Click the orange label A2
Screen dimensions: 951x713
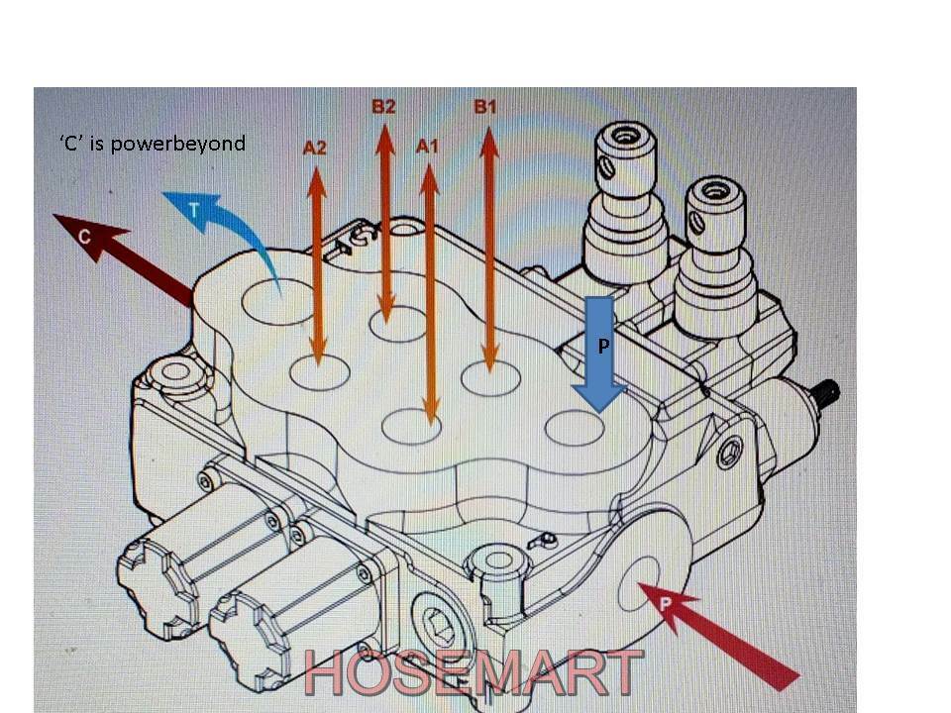point(315,149)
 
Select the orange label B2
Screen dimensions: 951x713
point(383,106)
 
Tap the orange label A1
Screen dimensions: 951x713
point(427,147)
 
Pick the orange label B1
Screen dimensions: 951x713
point(485,106)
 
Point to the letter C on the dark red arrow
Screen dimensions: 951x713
point(85,237)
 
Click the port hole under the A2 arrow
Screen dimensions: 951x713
point(319,373)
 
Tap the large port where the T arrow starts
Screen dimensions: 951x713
point(278,300)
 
